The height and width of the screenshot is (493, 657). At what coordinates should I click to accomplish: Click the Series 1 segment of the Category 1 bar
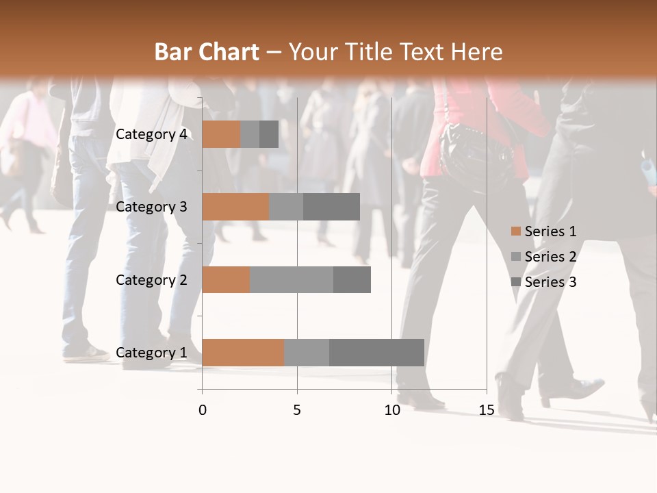[x=243, y=353]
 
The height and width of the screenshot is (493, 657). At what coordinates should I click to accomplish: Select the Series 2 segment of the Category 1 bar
[x=307, y=353]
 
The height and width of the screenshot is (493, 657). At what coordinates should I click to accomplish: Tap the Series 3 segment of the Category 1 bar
[x=376, y=353]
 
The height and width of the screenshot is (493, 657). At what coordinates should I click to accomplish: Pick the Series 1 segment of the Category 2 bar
[x=226, y=279]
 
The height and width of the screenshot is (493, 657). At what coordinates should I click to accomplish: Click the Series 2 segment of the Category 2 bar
[x=292, y=279]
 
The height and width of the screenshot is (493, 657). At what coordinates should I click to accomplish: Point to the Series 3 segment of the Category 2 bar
[x=352, y=279]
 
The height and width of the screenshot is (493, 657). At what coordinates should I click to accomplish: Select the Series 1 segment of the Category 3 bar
[x=235, y=207]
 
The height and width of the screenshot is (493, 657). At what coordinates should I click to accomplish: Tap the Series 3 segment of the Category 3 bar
[x=331, y=207]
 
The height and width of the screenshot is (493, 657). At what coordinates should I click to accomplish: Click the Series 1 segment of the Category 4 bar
[x=221, y=134]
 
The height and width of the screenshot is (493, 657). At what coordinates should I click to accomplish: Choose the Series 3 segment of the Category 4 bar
[x=269, y=134]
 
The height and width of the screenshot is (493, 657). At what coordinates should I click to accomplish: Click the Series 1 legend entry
[x=550, y=231]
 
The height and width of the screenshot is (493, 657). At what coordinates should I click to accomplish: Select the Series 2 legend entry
[x=550, y=257]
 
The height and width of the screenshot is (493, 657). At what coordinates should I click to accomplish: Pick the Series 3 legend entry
[x=550, y=282]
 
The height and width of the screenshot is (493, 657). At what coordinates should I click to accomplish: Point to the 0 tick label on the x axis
[x=203, y=410]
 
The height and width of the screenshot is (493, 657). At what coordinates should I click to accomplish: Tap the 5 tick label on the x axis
[x=297, y=410]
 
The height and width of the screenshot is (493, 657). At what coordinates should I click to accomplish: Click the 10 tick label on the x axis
[x=391, y=410]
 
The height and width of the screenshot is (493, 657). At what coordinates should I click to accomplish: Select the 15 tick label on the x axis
[x=487, y=410]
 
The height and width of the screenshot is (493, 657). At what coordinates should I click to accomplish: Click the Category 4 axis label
[x=151, y=134]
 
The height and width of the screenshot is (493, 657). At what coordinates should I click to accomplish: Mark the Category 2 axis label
[x=151, y=279]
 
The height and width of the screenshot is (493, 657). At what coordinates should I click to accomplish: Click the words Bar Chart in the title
[x=207, y=52]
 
